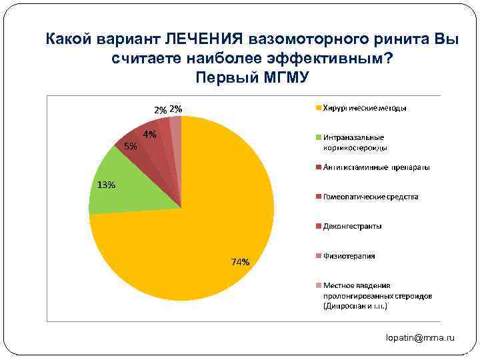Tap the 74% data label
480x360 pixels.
(x=241, y=262)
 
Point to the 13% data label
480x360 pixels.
(x=106, y=185)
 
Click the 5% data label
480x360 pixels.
(x=131, y=147)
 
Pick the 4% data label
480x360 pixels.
(x=149, y=134)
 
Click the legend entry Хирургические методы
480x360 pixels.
(x=365, y=107)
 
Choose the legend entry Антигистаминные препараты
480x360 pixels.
(x=377, y=167)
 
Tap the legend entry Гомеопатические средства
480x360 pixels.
(x=371, y=197)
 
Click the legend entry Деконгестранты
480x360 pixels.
(x=353, y=226)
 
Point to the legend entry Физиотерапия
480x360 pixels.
(x=349, y=255)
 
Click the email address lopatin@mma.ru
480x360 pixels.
(x=420, y=338)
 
